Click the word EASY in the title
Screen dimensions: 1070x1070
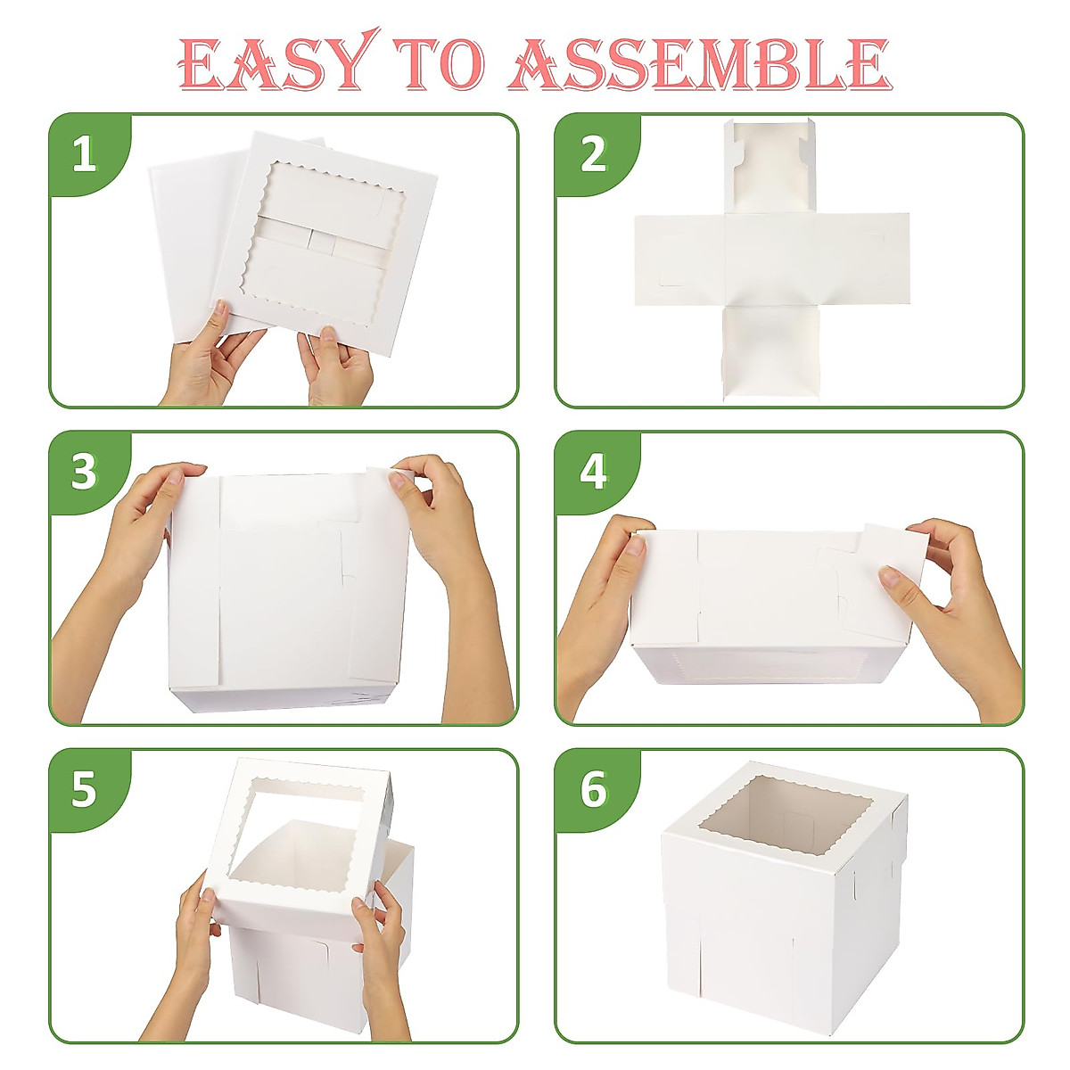(x=275, y=63)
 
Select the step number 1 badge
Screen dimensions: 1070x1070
(x=85, y=154)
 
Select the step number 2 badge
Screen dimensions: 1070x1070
(x=593, y=154)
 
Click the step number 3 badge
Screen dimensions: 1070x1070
(x=85, y=472)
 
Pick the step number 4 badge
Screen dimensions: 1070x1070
(x=593, y=472)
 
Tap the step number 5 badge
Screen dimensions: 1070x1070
(x=85, y=790)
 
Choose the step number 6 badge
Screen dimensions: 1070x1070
(x=593, y=790)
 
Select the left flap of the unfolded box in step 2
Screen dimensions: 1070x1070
(x=679, y=259)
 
